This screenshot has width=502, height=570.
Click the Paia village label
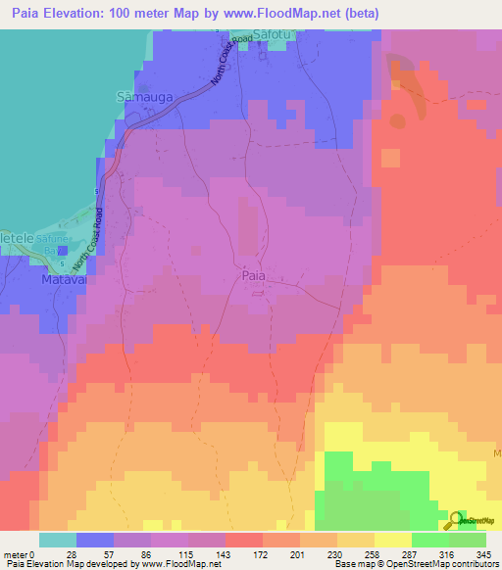tap(252, 276)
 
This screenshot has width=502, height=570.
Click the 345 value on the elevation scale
tap(482, 555)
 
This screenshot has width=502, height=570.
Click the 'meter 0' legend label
tap(21, 555)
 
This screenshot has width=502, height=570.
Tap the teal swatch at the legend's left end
tap(57, 540)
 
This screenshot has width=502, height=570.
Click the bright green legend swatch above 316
tap(430, 540)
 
